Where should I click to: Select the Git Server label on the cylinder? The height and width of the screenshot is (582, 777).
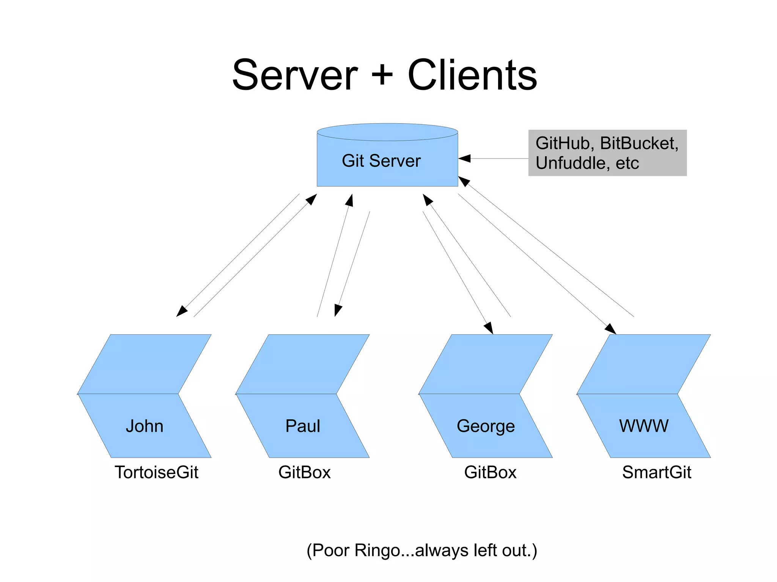[x=381, y=161]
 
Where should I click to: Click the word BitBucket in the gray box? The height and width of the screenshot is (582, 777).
[x=638, y=143]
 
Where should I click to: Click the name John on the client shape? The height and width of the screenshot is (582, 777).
[x=145, y=426]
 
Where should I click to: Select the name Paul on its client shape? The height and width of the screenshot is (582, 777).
[x=302, y=426]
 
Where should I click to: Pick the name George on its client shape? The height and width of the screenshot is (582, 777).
[x=486, y=426]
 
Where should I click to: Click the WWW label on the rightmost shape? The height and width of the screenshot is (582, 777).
[x=643, y=426]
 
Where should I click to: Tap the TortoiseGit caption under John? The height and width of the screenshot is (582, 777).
[x=156, y=472]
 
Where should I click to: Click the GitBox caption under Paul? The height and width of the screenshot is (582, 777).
[x=304, y=472]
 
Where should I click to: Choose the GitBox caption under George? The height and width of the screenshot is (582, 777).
[x=490, y=472]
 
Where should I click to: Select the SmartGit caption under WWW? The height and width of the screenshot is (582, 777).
[x=656, y=472]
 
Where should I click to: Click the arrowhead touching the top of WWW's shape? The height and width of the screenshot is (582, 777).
[x=610, y=329]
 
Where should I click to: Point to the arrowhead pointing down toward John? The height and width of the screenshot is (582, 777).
[x=181, y=311]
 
